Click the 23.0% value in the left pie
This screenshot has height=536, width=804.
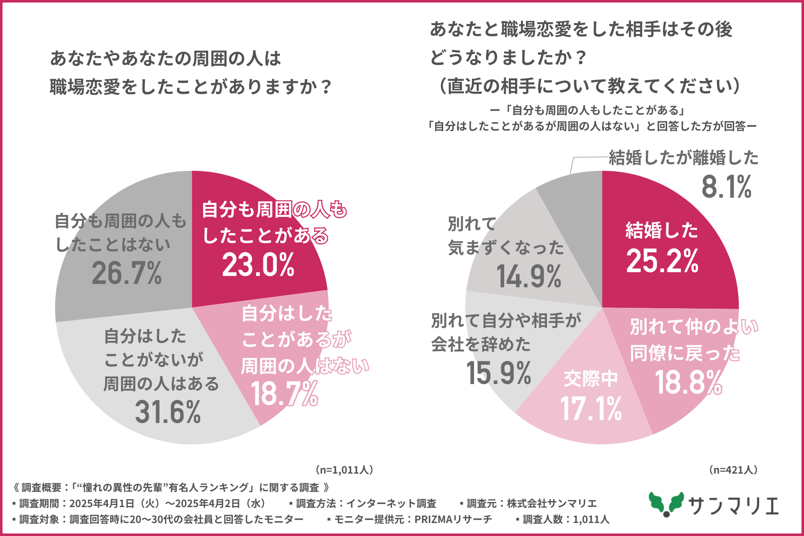click(x=258, y=265)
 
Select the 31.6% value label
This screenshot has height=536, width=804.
click(x=168, y=412)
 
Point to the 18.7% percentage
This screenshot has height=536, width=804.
click(x=285, y=394)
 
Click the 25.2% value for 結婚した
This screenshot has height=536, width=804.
click(x=662, y=261)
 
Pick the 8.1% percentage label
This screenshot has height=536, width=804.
click(x=727, y=187)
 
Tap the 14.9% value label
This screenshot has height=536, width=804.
click(x=529, y=277)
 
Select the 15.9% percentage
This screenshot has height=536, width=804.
click(x=498, y=373)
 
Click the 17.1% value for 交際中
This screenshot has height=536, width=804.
click(x=591, y=409)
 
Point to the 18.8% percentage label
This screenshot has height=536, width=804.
click(x=688, y=383)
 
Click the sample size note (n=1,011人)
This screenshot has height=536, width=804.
click(x=344, y=470)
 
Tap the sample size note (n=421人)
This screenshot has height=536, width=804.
click(x=733, y=470)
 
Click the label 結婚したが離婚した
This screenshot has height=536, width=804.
click(x=683, y=158)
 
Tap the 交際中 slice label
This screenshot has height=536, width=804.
click(x=590, y=379)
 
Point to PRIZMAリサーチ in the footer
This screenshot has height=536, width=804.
click(x=453, y=519)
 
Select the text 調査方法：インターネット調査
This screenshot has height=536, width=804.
click(x=366, y=503)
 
